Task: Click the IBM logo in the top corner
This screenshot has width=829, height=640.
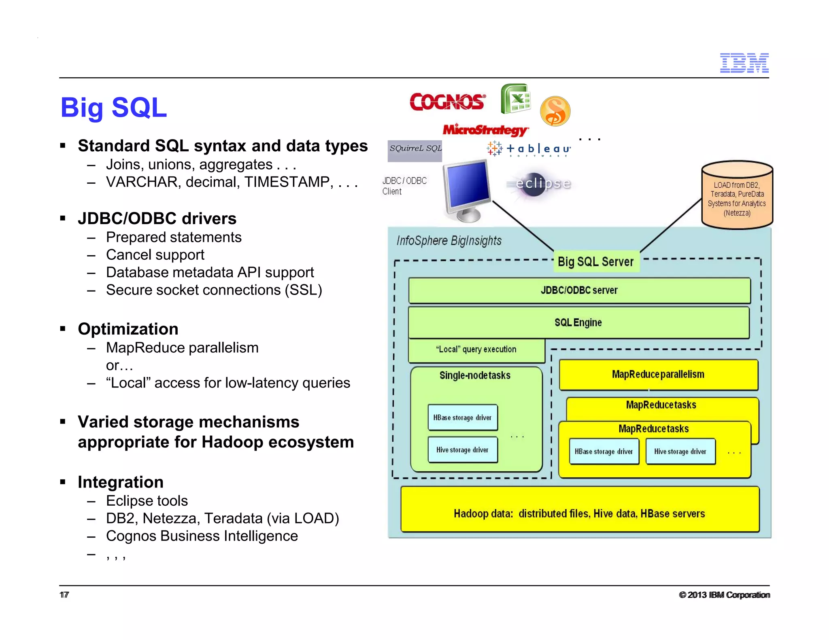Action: tap(744, 63)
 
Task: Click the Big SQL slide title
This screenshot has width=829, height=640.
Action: tap(113, 108)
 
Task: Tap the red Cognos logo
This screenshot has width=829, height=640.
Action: tap(447, 102)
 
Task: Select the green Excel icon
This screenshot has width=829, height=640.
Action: tap(515, 99)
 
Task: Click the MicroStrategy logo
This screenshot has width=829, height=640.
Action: tap(485, 129)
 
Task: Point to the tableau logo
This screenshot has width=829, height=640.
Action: tap(529, 149)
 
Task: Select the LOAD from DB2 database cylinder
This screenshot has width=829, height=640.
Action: tap(737, 195)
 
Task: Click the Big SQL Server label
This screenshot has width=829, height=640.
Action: tap(595, 261)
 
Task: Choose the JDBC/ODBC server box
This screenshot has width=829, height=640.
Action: tap(579, 290)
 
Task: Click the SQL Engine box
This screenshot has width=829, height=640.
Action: tap(578, 323)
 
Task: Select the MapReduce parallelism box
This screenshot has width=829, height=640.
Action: tap(658, 375)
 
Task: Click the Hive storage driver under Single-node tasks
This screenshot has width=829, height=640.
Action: tap(462, 450)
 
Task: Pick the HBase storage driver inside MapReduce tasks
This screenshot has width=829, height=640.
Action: tap(604, 451)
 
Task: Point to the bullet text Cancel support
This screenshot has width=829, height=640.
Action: tap(155, 255)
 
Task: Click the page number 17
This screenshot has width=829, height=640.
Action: tap(64, 595)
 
